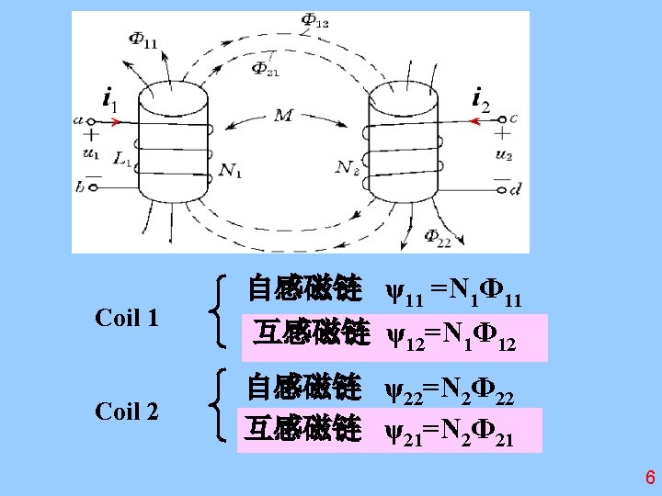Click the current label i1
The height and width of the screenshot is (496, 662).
(x=109, y=97)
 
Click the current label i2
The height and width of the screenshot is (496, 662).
(x=481, y=97)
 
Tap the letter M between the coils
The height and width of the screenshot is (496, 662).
(x=283, y=117)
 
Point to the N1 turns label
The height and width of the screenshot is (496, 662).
(x=231, y=171)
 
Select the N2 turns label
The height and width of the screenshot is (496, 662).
(x=347, y=168)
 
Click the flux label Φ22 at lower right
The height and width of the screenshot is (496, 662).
(x=438, y=236)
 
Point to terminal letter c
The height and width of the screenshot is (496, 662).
(x=512, y=118)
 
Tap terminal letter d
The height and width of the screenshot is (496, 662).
(x=514, y=189)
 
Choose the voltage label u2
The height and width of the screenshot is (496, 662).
(x=503, y=154)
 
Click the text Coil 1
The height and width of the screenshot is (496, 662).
(x=127, y=319)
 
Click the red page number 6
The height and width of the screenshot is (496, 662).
(x=649, y=478)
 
